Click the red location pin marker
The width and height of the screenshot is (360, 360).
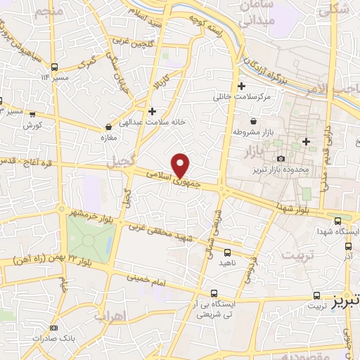pyautogui.click(x=181, y=165)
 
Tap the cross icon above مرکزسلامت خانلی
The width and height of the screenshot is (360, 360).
pyautogui.click(x=242, y=86)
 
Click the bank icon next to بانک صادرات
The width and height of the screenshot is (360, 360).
pyautogui.click(x=54, y=326)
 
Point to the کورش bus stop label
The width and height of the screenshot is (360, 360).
pyautogui.click(x=32, y=125)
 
